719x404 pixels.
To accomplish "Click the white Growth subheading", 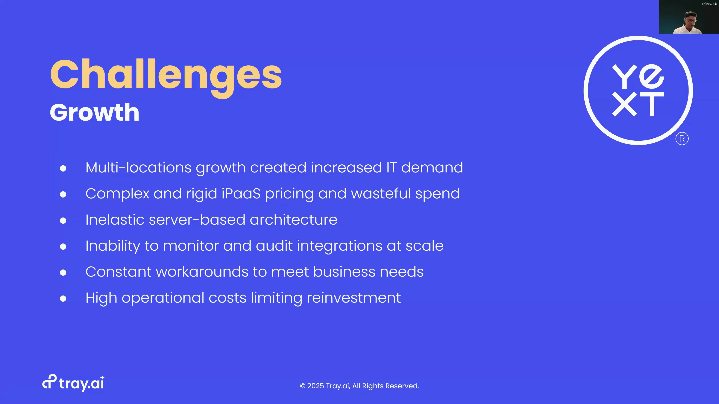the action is point(94,112).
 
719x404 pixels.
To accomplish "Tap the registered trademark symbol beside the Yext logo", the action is point(682,139).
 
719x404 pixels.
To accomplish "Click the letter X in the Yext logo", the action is point(624,104).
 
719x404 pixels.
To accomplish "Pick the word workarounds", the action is point(202,272).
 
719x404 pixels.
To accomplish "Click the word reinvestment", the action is point(354,298).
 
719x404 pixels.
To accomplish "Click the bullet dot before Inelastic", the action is point(63,221).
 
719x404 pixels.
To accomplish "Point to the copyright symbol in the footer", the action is point(303,386).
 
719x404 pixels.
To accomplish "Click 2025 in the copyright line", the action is point(316,386).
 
